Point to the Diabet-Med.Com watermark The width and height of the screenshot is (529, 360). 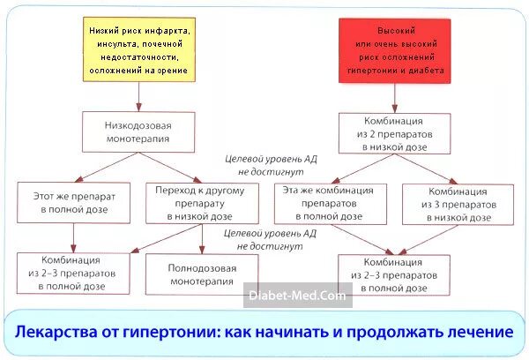298,297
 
